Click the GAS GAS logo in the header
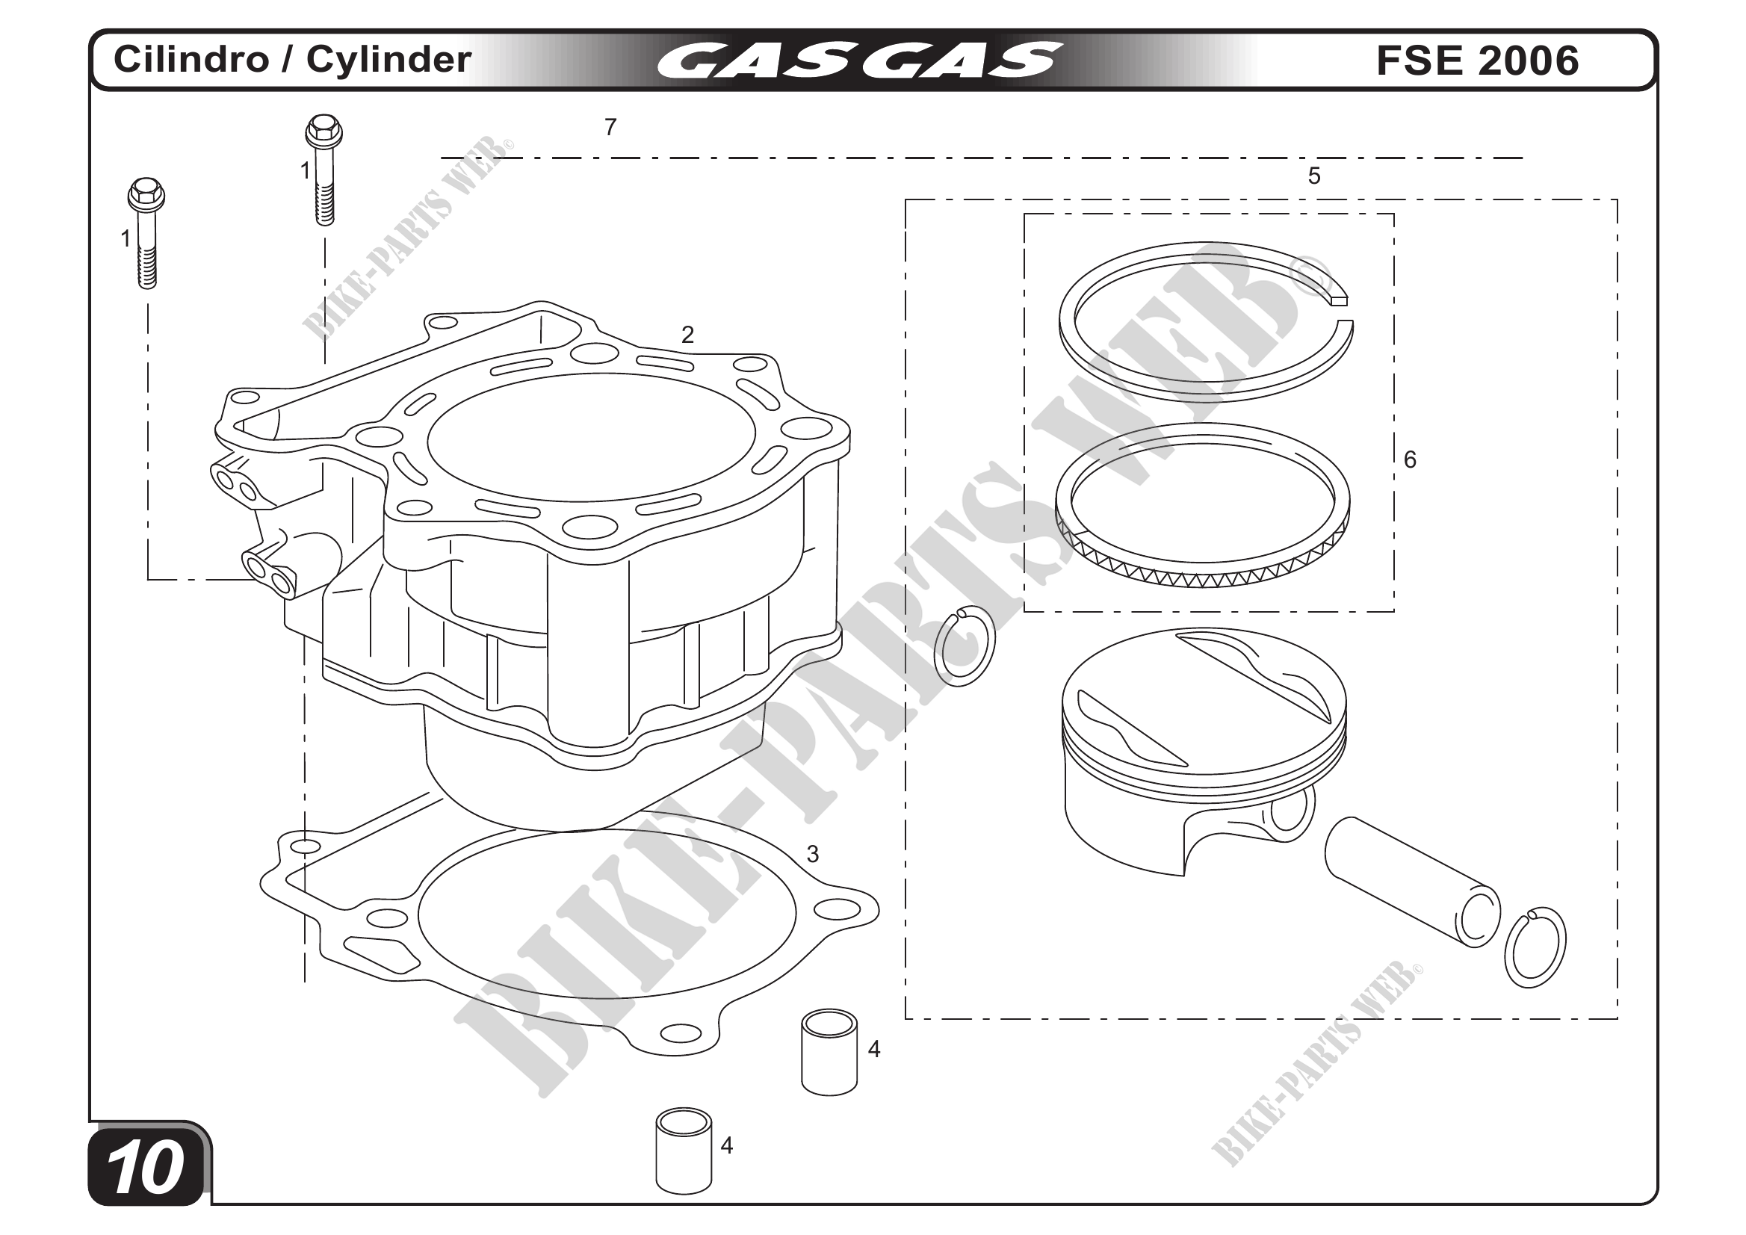click(858, 60)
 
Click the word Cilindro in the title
click(191, 59)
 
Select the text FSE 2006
click(1478, 60)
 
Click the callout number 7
click(610, 128)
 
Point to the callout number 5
click(1314, 176)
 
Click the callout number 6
click(1410, 459)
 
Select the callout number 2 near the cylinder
click(687, 335)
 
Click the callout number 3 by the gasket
click(813, 855)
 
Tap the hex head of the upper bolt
click(324, 131)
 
